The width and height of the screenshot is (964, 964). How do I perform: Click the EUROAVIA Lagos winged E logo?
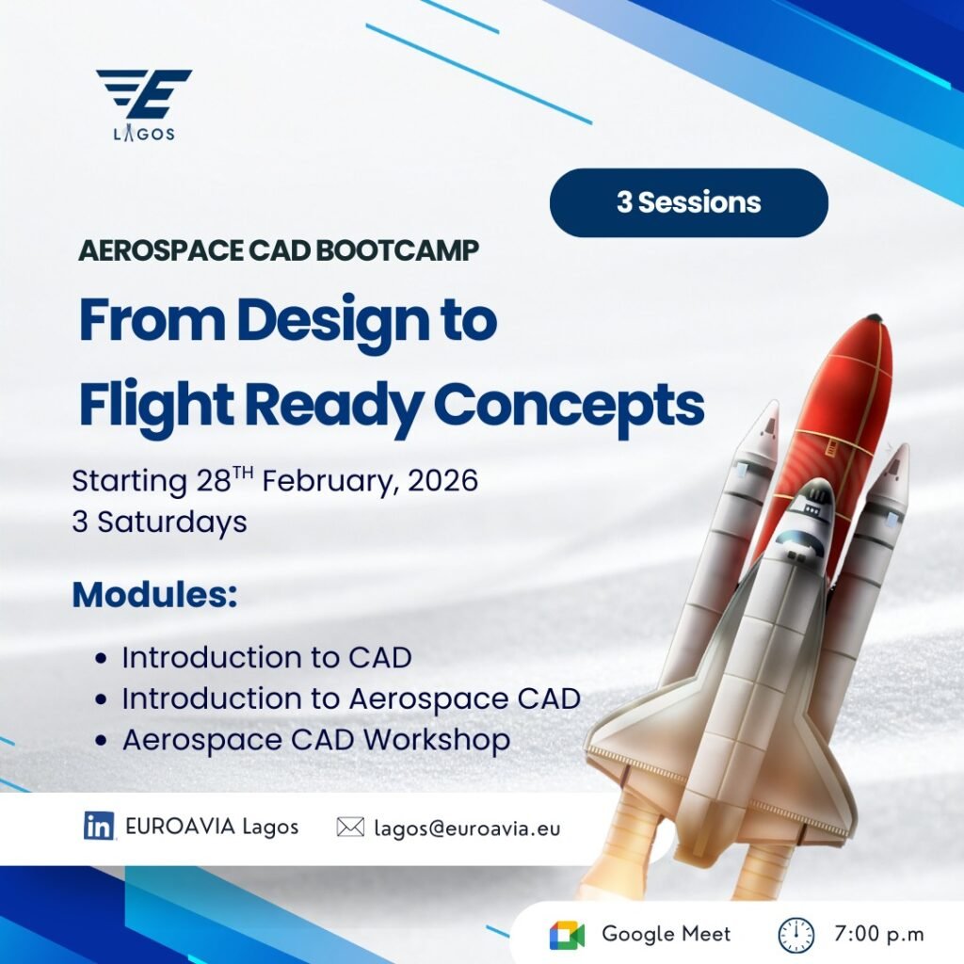[x=144, y=104]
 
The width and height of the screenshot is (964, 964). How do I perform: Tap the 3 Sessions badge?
[x=688, y=202]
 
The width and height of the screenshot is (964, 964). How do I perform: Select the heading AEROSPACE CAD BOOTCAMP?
[x=279, y=250]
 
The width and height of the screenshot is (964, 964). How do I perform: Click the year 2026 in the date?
[x=442, y=480]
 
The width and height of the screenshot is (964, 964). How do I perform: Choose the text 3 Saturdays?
[x=159, y=522]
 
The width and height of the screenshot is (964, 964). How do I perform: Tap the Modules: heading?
[x=154, y=595]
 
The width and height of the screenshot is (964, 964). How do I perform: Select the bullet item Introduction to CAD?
[x=266, y=657]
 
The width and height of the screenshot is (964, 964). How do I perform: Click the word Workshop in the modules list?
[x=437, y=740]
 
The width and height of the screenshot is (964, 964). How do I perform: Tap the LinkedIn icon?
[x=99, y=826]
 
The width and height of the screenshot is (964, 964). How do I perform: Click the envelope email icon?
[x=350, y=827]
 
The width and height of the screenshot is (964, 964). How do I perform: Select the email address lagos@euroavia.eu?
[x=467, y=828]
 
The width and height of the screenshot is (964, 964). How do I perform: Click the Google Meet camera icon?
[x=567, y=935]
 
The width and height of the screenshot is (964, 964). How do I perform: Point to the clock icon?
[x=796, y=935]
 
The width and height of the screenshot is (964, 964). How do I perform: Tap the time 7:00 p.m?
[x=878, y=934]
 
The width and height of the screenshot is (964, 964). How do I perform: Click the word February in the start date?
[x=330, y=481]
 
